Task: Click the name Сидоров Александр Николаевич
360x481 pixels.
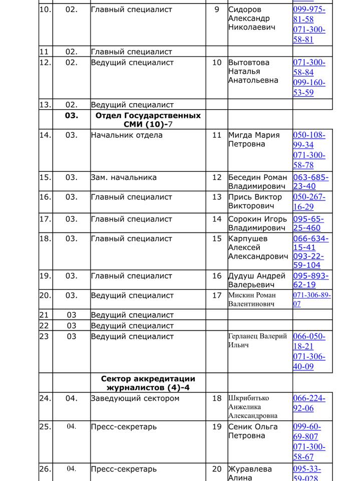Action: tap(252, 19)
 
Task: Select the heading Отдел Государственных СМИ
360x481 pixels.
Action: tap(148, 120)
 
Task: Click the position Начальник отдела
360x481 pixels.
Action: tap(127, 135)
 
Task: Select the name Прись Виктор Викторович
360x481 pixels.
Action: tap(255, 202)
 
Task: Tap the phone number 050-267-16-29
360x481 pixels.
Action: tap(309, 202)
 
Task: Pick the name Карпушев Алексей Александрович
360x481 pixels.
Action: tap(258, 248)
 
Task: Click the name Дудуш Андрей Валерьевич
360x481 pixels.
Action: tap(256, 281)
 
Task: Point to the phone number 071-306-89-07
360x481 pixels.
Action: tap(311, 300)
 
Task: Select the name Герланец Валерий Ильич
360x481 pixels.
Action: tap(257, 341)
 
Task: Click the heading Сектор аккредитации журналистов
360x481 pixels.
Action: tap(148, 383)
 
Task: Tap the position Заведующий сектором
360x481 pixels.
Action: tap(135, 399)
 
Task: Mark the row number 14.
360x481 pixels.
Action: tap(45, 135)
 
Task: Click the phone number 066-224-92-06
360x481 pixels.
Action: tap(309, 403)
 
